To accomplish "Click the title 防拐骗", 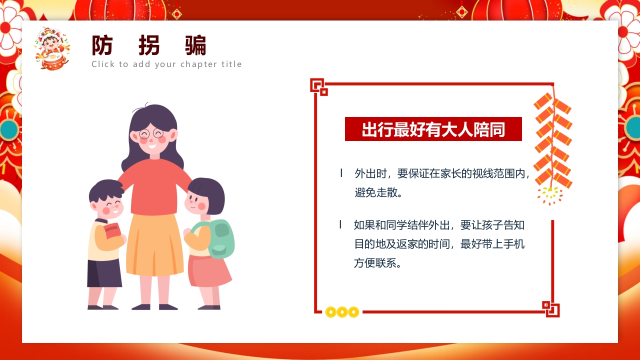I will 149,46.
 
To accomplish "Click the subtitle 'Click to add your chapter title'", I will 166,64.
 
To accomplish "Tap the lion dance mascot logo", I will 51,48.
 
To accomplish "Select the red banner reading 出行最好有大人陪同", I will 433,129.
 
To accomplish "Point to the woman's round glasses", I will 151,133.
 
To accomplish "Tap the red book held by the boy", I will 112,231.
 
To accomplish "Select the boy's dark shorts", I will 104,273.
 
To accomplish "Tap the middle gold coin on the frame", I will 342,312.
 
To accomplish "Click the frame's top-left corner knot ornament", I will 318,86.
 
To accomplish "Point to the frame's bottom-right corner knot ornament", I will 550,308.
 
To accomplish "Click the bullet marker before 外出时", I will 341,173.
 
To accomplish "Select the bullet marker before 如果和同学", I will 340,225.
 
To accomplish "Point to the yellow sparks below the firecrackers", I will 550,195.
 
